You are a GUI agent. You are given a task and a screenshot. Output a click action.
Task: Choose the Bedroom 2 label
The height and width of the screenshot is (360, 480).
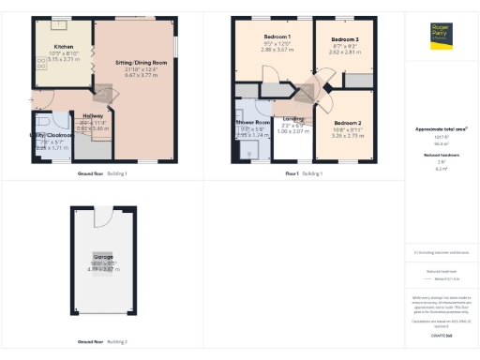347,123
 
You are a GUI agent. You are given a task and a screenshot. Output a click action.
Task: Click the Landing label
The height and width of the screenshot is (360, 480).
293,118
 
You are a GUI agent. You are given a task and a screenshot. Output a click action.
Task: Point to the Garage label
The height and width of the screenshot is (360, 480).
102,256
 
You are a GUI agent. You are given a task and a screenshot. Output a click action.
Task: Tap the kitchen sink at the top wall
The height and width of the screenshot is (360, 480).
64,26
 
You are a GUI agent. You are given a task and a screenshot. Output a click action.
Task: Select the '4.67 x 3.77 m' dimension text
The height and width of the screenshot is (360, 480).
136,76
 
